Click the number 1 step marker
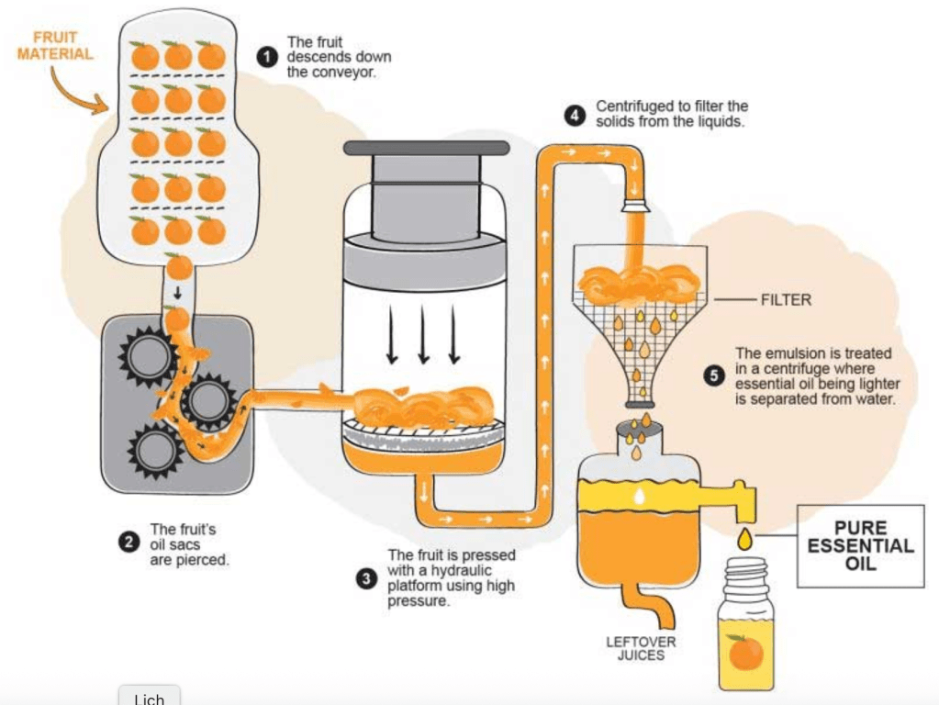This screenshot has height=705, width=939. tap(268, 57)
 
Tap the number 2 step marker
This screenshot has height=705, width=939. tap(129, 542)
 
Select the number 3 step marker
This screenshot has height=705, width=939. tap(367, 578)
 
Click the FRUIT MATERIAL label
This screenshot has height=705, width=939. tap(55, 46)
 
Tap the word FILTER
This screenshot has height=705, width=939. tap(786, 300)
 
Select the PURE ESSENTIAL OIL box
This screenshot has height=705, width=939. tap(860, 545)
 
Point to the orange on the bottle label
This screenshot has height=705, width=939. tap(745, 653)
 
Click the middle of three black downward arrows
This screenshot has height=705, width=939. tap(423, 334)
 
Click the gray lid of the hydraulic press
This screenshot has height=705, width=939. tap(426, 148)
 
